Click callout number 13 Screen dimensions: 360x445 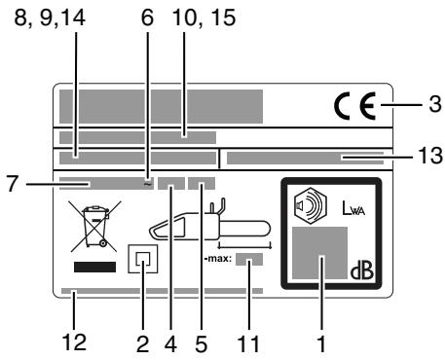(x=428, y=156)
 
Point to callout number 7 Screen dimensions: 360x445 (x=14, y=182)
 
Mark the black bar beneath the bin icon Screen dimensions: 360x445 (x=90, y=266)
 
